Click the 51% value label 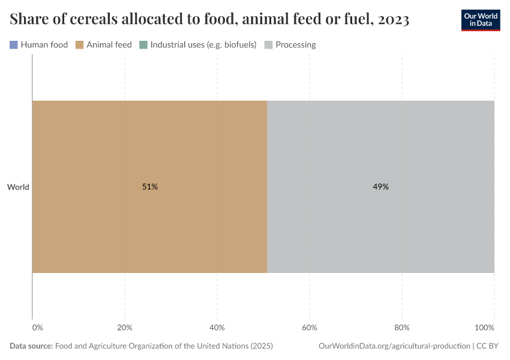point(150,187)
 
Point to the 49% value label point(381,187)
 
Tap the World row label point(18,187)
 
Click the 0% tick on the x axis point(37,328)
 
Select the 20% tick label point(124,328)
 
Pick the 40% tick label point(217,328)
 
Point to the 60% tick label point(309,328)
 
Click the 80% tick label point(401,328)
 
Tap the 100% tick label point(484,328)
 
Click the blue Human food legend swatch point(14,44)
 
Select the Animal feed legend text point(109,44)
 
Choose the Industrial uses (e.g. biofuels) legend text point(203,44)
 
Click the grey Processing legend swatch point(269,44)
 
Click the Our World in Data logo point(480,20)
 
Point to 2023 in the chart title point(394,20)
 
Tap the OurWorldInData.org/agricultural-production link point(395,346)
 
